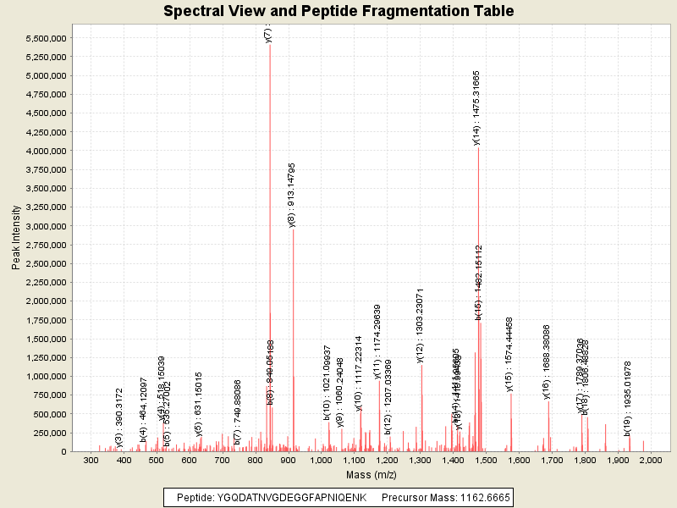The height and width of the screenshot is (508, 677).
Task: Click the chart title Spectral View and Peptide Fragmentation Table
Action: click(338, 11)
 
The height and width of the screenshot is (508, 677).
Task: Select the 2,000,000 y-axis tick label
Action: click(41, 301)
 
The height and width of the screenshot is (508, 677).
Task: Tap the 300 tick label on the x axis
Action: click(91, 460)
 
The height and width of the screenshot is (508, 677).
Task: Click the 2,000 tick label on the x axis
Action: click(650, 460)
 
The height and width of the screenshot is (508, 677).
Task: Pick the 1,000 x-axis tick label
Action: click(322, 460)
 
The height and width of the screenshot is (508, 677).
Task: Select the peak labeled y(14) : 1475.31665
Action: click(478, 254)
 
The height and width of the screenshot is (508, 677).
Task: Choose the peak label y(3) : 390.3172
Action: click(119, 417)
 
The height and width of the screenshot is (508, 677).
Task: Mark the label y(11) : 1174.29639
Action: click(377, 341)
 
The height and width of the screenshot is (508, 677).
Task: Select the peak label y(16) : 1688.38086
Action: click(547, 362)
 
